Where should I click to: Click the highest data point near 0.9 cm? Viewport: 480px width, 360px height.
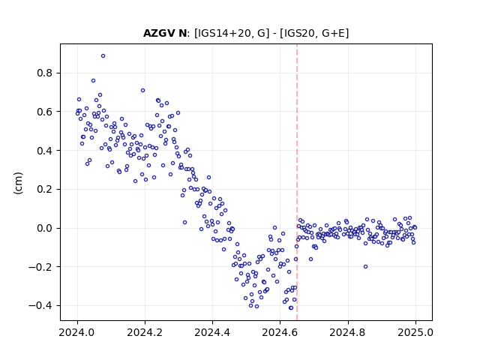(103, 56)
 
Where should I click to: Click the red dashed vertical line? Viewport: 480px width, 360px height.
(297, 182)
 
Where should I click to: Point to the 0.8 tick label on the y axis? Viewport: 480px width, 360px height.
(45, 73)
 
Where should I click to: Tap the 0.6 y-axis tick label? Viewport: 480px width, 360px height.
(45, 112)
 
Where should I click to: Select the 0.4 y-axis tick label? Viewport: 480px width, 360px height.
(45, 151)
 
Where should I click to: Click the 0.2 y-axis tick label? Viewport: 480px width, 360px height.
(45, 190)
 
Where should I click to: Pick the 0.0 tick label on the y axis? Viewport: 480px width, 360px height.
(45, 228)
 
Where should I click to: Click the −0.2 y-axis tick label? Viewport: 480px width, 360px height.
(40, 267)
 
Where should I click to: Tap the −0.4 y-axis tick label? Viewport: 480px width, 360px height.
(40, 305)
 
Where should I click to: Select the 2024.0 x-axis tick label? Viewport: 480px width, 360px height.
(77, 332)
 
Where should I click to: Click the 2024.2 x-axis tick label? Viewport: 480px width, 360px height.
(145, 332)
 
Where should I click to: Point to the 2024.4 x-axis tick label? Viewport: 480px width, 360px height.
(212, 332)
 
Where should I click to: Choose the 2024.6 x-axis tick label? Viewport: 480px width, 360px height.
(280, 332)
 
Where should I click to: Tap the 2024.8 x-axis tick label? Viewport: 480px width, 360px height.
(348, 332)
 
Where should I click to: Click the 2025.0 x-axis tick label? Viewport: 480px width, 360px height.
(415, 332)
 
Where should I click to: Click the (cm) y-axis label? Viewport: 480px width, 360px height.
(18, 183)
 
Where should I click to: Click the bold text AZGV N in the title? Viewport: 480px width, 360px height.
(165, 33)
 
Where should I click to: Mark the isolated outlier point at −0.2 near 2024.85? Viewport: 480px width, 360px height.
(365, 267)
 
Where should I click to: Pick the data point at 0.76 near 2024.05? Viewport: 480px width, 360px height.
(93, 81)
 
